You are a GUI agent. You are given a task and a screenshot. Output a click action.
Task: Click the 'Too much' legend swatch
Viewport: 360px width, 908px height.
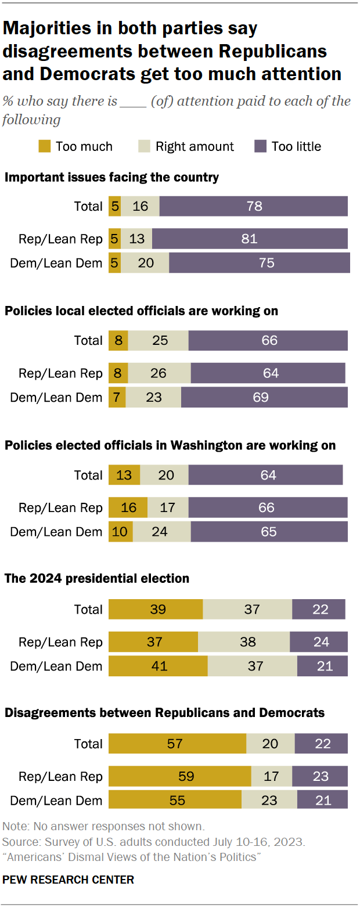45,146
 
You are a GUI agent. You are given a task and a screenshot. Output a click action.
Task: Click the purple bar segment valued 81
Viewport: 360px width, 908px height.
250,239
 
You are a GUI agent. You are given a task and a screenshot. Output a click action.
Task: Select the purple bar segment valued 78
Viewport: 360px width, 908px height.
254,206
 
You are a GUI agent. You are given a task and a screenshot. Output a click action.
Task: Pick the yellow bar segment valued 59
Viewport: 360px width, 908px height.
179,777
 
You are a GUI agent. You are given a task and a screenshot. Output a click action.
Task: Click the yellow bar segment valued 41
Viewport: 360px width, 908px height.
158,666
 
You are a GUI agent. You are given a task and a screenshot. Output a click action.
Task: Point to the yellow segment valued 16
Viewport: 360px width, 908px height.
128,508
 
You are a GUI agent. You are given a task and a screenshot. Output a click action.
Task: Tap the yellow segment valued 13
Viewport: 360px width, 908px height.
124,475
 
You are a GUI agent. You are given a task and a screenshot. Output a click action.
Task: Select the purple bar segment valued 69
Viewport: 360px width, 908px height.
264,398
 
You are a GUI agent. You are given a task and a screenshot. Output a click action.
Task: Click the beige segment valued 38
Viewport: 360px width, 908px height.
244,642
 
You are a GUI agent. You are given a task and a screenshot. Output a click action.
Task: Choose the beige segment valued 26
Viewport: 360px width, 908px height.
159,373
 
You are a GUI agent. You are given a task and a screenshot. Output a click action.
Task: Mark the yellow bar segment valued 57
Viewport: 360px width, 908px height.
177,744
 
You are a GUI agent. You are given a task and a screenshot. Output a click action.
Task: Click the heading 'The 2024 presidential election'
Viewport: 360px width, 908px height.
97,578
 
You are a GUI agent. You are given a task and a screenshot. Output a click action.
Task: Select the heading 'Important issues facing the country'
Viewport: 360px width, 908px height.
111,177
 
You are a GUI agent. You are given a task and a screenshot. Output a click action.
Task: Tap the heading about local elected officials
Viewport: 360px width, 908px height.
141,311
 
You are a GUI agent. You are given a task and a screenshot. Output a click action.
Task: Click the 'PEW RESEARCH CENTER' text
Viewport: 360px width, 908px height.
68,880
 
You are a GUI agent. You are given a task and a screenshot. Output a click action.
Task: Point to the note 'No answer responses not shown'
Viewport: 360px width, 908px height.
103,826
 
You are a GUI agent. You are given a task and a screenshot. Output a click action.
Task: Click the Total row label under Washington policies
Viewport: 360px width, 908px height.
88,475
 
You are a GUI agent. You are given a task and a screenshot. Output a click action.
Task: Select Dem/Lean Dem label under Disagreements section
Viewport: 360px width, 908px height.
56,801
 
